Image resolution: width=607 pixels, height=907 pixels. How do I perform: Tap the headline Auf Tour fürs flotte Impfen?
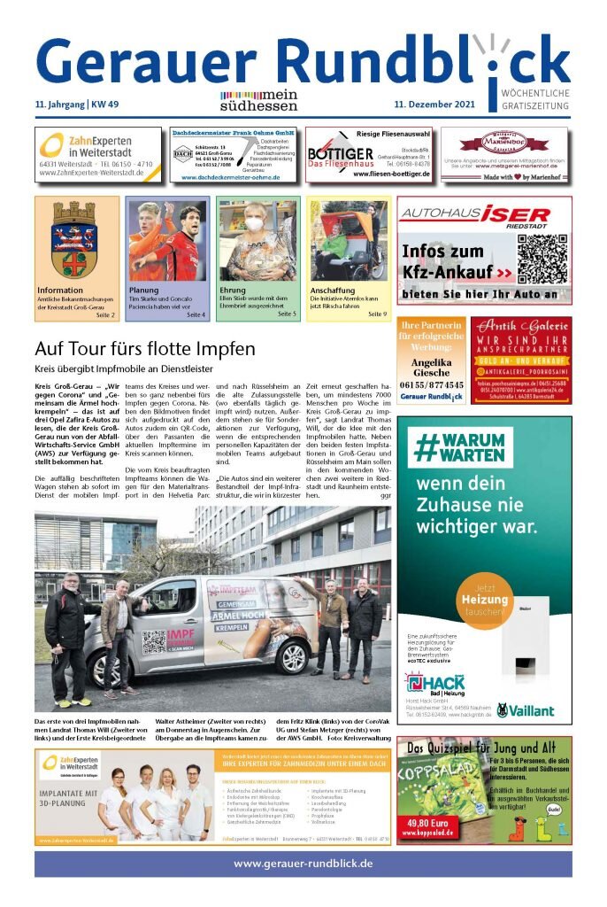coord(145,348)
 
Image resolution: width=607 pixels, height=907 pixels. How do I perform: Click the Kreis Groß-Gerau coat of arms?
coord(73,238)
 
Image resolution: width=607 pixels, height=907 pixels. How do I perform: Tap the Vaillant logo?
coord(526,709)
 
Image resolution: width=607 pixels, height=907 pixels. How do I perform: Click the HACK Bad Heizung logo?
coord(434,685)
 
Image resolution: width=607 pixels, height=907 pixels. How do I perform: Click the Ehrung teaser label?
coord(233,291)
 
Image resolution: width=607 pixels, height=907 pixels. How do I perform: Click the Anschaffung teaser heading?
coord(332,291)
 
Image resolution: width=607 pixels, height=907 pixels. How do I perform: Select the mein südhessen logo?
coord(258,101)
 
